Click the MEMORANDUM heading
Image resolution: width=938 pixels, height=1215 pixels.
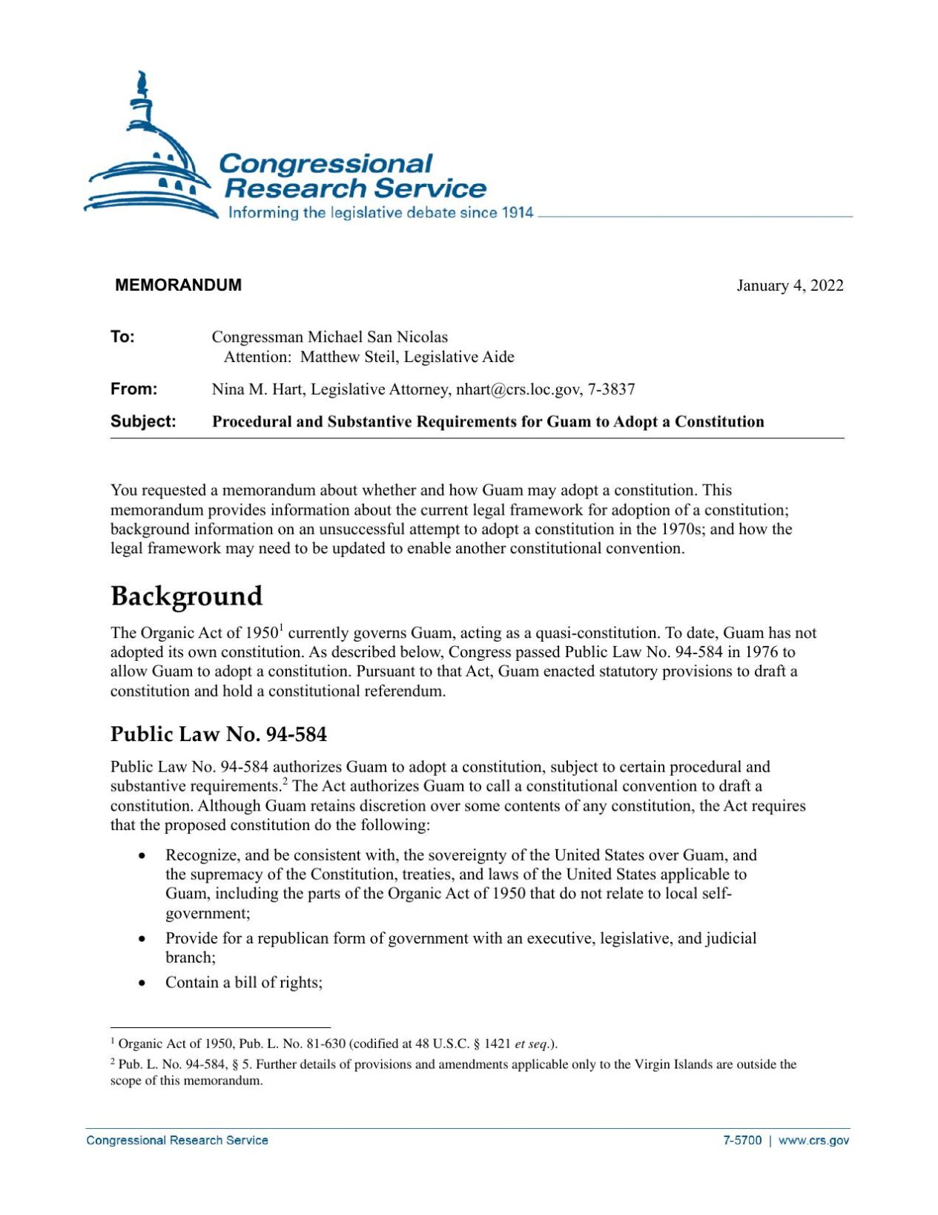point(178,286)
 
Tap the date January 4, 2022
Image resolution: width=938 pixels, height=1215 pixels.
point(789,286)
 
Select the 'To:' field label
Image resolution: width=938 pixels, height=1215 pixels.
point(122,337)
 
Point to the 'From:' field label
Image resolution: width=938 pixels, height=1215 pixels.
point(133,389)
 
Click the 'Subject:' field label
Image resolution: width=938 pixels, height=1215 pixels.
point(143,422)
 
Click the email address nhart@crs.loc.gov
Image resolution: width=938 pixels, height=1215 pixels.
point(518,389)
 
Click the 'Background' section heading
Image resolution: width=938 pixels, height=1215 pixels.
point(186,596)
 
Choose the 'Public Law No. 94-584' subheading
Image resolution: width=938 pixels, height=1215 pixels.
point(218,734)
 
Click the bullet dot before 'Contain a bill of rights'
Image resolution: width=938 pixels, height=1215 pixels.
point(142,984)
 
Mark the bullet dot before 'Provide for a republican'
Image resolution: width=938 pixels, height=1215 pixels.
point(142,939)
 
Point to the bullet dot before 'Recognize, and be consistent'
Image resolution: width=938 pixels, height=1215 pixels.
point(142,856)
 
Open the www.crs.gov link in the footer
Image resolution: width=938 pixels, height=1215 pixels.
point(813,1141)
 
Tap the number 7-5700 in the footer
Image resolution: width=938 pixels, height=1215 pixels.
point(742,1141)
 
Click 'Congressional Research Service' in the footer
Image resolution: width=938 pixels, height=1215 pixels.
point(177,1141)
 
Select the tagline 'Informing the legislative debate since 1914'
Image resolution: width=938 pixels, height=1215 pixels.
point(380,213)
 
